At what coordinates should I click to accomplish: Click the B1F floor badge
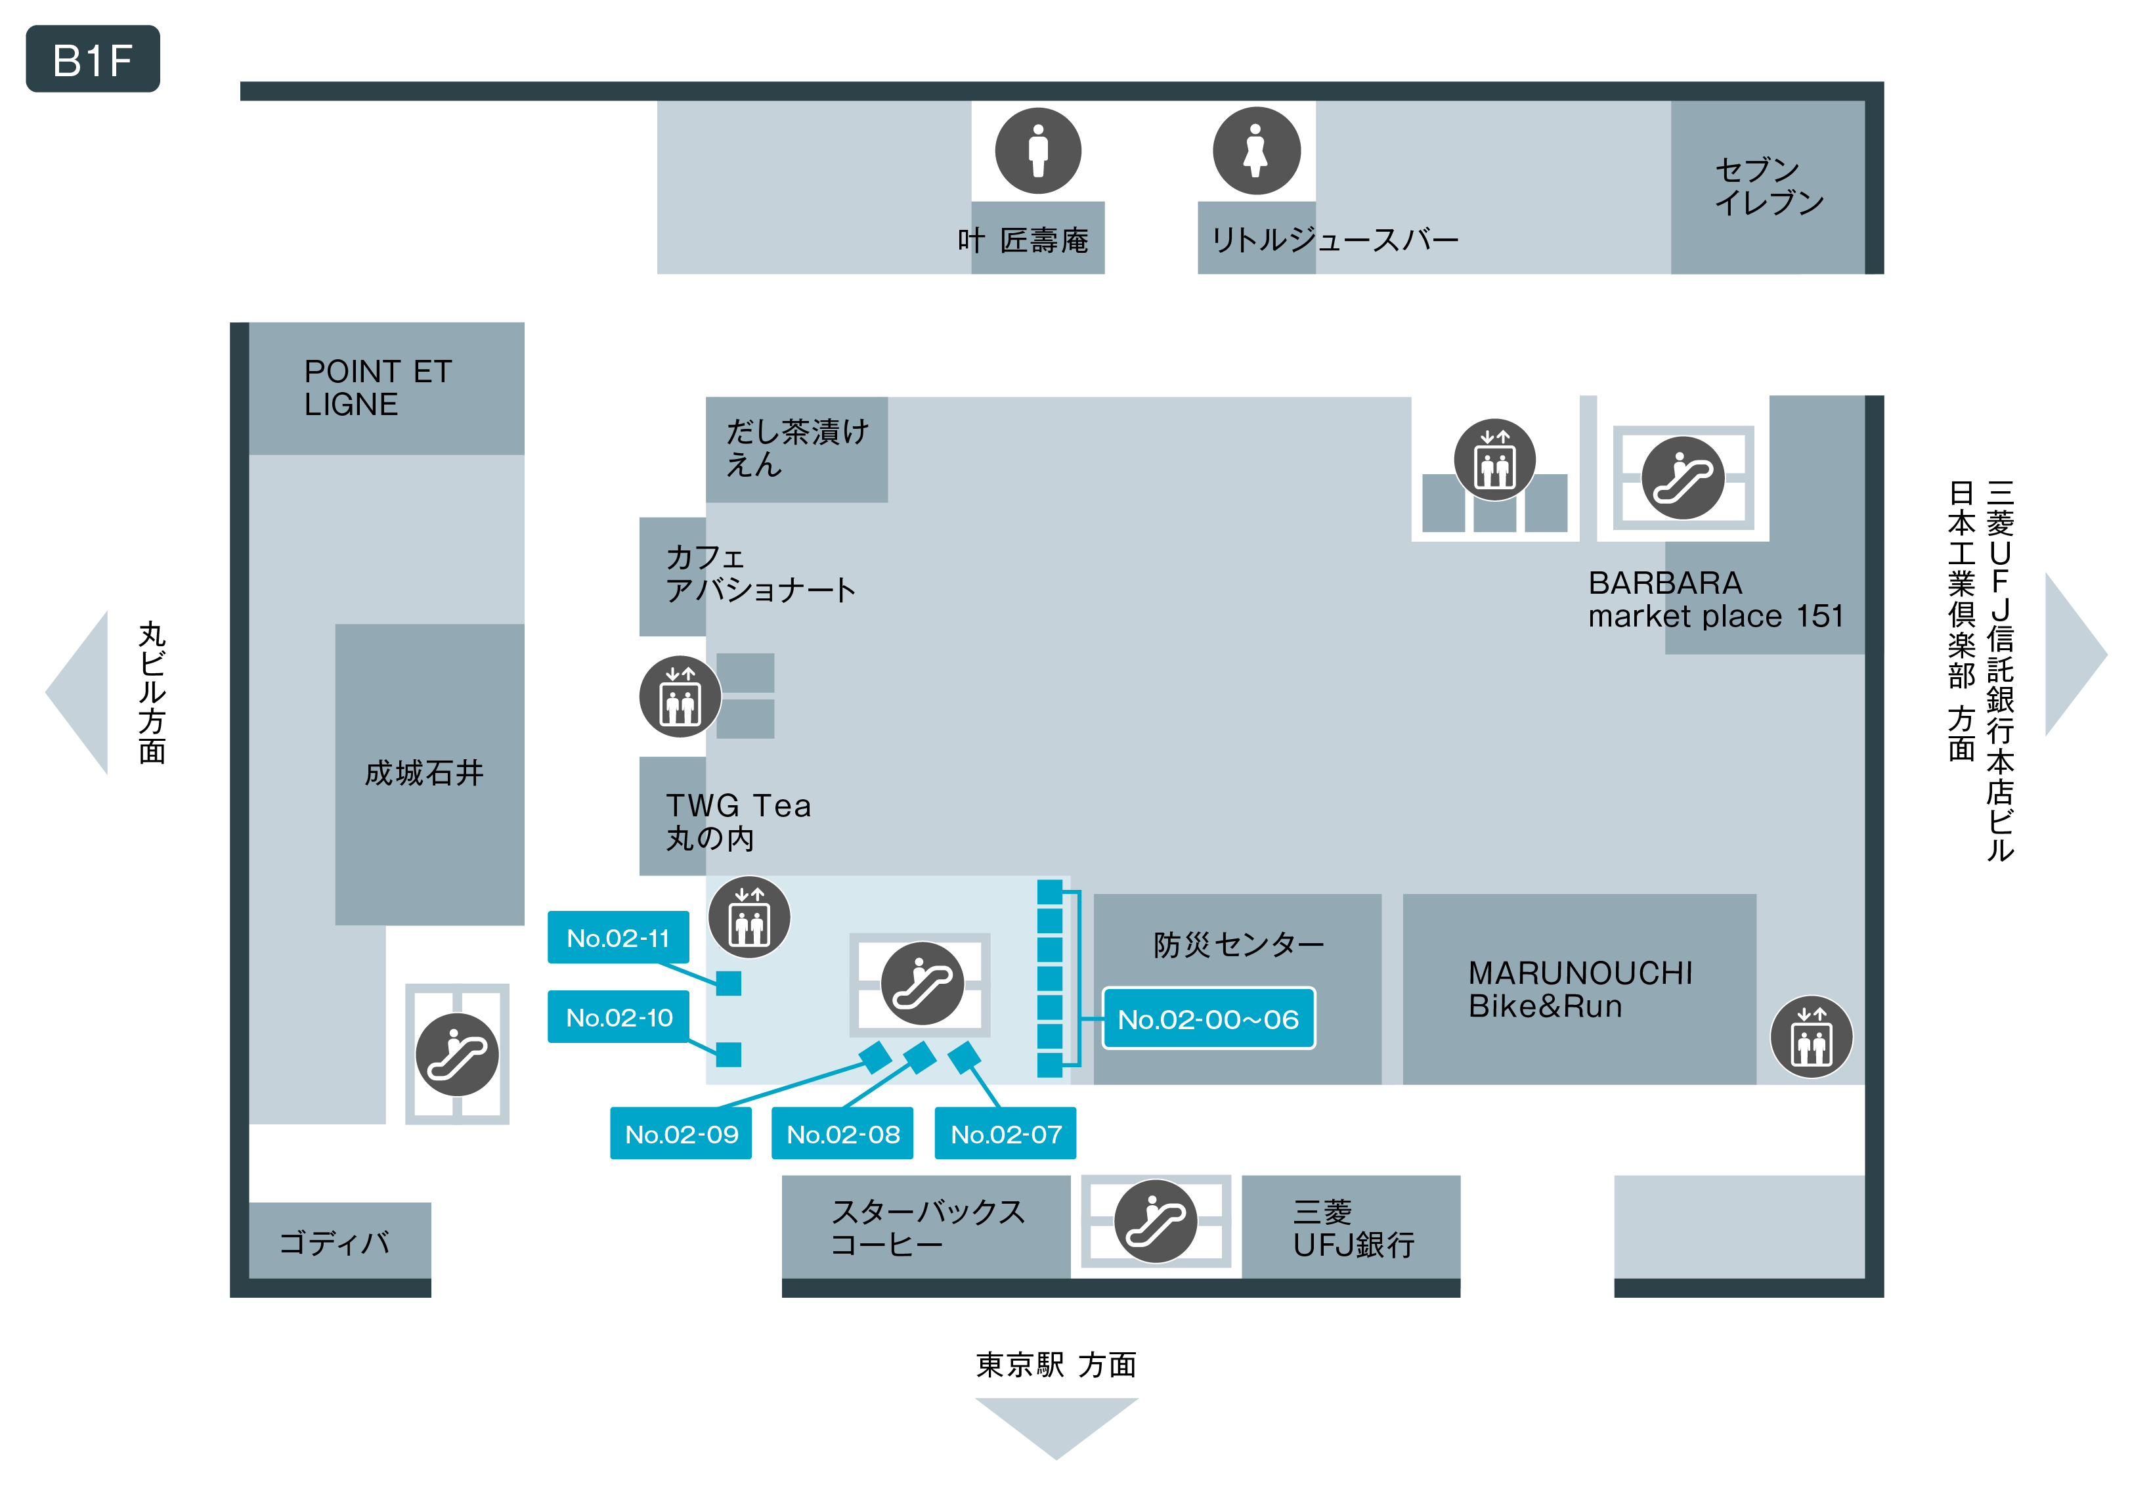(93, 59)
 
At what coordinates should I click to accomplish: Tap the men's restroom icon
(1038, 151)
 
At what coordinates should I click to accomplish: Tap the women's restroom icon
(1256, 151)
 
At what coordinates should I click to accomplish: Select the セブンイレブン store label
(1769, 185)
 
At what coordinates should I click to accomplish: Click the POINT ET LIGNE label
(378, 388)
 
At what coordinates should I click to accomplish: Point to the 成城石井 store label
(424, 773)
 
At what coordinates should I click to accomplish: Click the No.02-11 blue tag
(619, 937)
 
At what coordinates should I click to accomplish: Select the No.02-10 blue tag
(619, 1017)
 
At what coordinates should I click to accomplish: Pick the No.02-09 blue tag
(681, 1134)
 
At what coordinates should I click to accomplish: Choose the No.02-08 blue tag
(842, 1134)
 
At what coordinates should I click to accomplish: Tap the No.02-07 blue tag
(1005, 1134)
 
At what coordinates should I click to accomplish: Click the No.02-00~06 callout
(1209, 1019)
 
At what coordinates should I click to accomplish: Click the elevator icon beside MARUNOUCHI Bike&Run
(1811, 1037)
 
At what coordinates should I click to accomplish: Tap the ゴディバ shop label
(334, 1243)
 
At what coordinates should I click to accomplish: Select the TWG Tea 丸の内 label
(738, 822)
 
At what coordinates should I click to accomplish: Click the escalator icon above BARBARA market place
(1683, 478)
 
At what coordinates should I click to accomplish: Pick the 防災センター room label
(1238, 944)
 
